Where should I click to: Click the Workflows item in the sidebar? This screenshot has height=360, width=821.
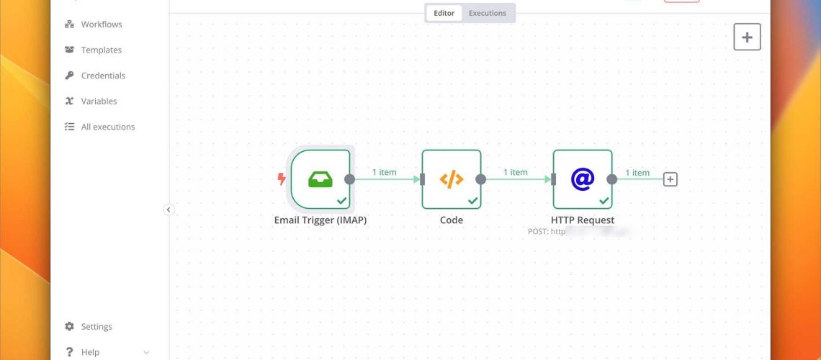[101, 24]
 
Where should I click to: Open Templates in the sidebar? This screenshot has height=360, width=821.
[101, 50]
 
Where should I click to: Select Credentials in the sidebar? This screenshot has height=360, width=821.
[103, 76]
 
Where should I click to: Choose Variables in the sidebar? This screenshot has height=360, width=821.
[99, 102]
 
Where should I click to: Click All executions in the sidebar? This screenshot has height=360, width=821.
[107, 127]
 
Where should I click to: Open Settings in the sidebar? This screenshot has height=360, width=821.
[96, 327]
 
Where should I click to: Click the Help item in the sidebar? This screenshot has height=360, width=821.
[90, 352]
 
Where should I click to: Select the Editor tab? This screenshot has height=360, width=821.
[444, 13]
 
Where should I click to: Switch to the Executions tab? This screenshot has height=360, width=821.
[488, 13]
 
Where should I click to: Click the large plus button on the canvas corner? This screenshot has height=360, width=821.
[747, 37]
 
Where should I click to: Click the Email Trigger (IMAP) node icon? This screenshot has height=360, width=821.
[320, 179]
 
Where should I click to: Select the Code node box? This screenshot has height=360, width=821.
[452, 179]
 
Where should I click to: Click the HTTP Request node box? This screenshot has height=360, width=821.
[583, 179]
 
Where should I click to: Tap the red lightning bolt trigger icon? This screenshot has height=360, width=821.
[282, 179]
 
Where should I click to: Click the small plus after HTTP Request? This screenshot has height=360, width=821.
[670, 179]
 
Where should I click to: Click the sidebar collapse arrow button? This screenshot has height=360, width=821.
[169, 210]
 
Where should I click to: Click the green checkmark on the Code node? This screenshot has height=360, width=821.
[473, 201]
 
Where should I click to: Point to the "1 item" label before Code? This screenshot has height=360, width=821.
[385, 172]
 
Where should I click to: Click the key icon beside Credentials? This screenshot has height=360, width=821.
[69, 76]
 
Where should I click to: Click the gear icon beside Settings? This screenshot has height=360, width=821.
[69, 327]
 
